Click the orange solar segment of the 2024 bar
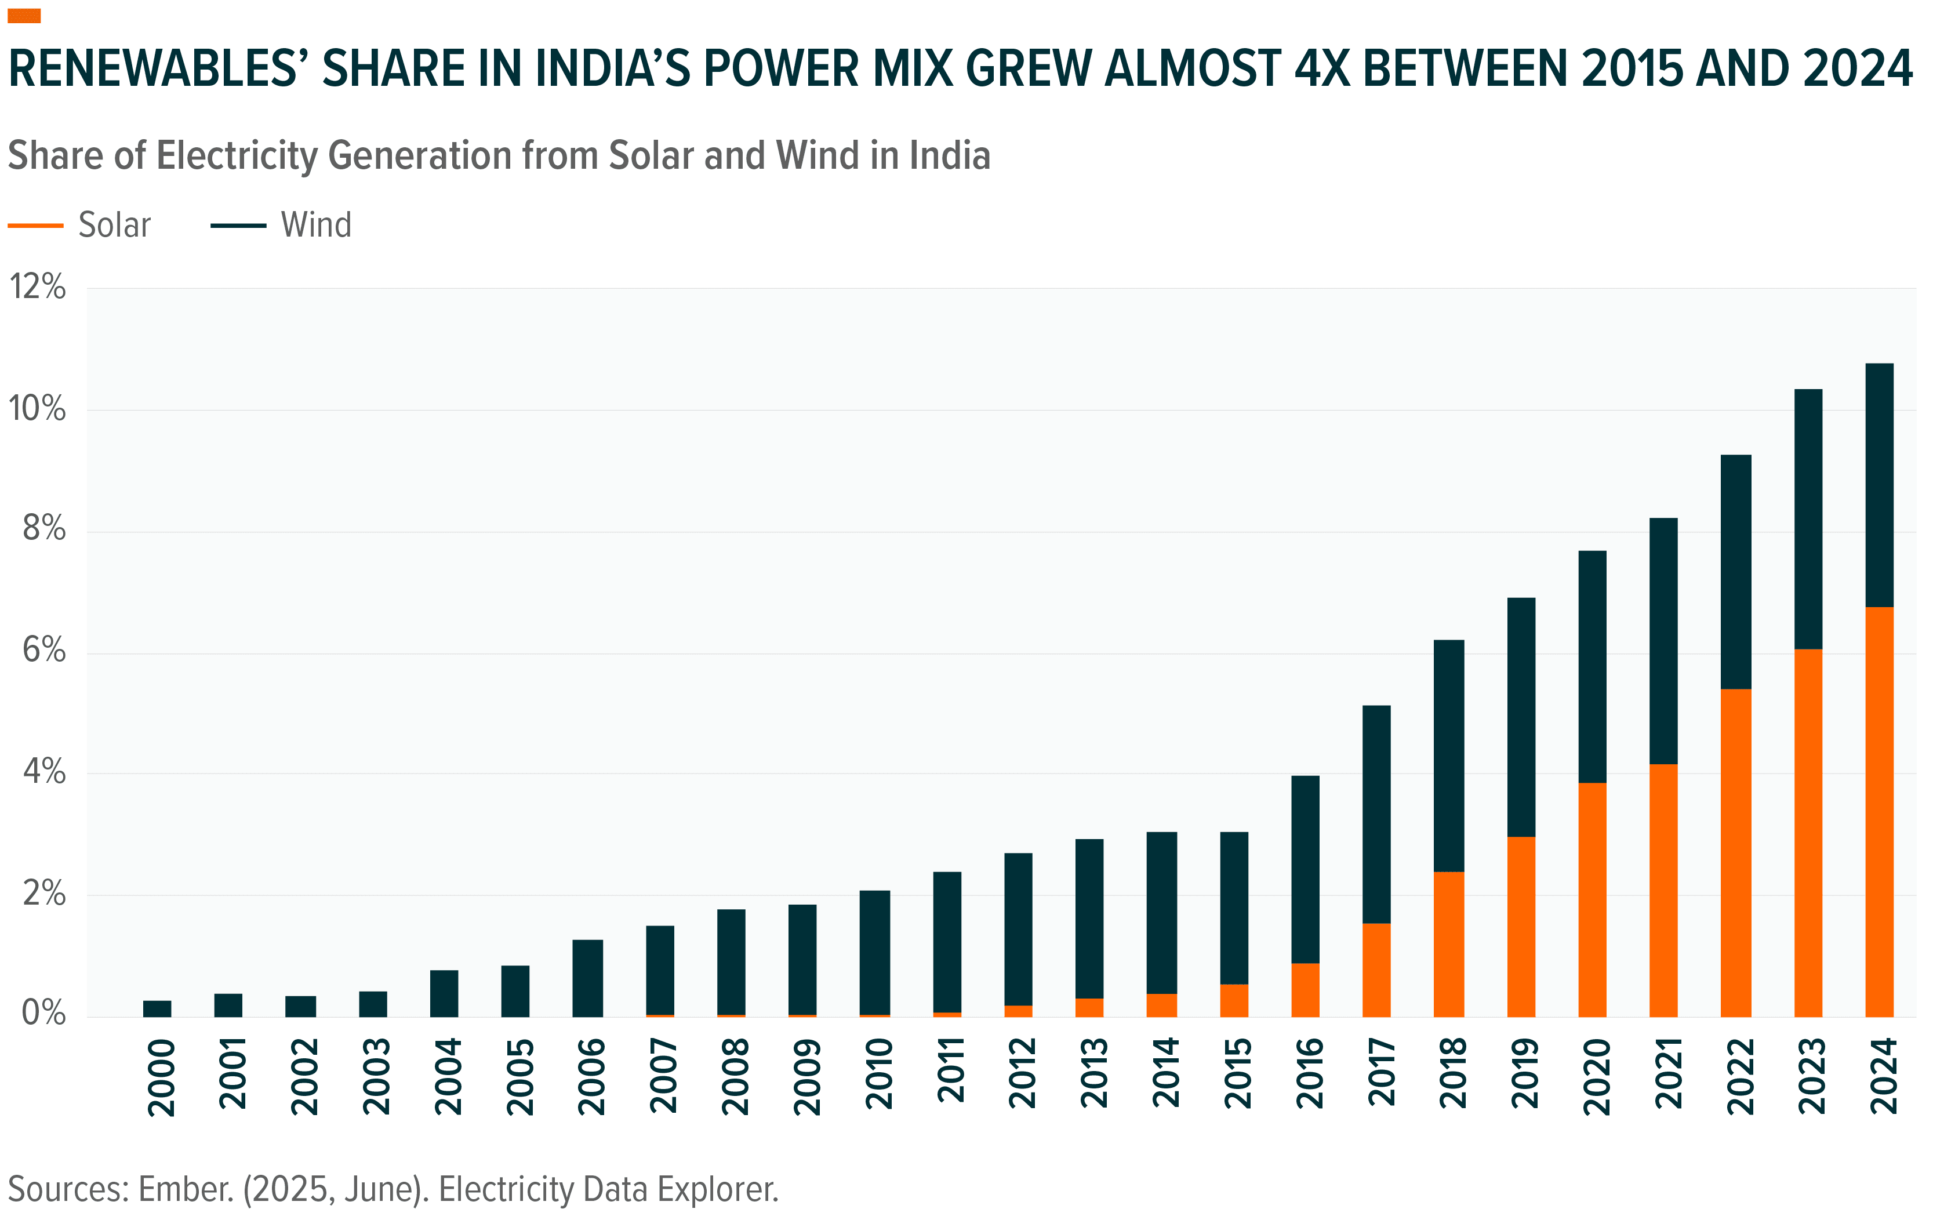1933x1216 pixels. (1879, 811)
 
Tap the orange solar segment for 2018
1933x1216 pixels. (1448, 944)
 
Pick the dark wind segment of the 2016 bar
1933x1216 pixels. (1305, 869)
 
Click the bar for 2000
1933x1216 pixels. (157, 1008)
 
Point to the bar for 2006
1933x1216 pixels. (587, 978)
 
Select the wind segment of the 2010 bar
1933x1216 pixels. (874, 952)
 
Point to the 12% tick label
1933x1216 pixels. (37, 286)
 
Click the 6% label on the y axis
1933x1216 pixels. (44, 650)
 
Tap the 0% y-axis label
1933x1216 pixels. (44, 1013)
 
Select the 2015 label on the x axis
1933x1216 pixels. (1237, 1073)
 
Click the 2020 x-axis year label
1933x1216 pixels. (1596, 1076)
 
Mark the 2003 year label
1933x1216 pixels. (376, 1076)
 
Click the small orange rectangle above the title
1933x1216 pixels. (24, 16)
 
